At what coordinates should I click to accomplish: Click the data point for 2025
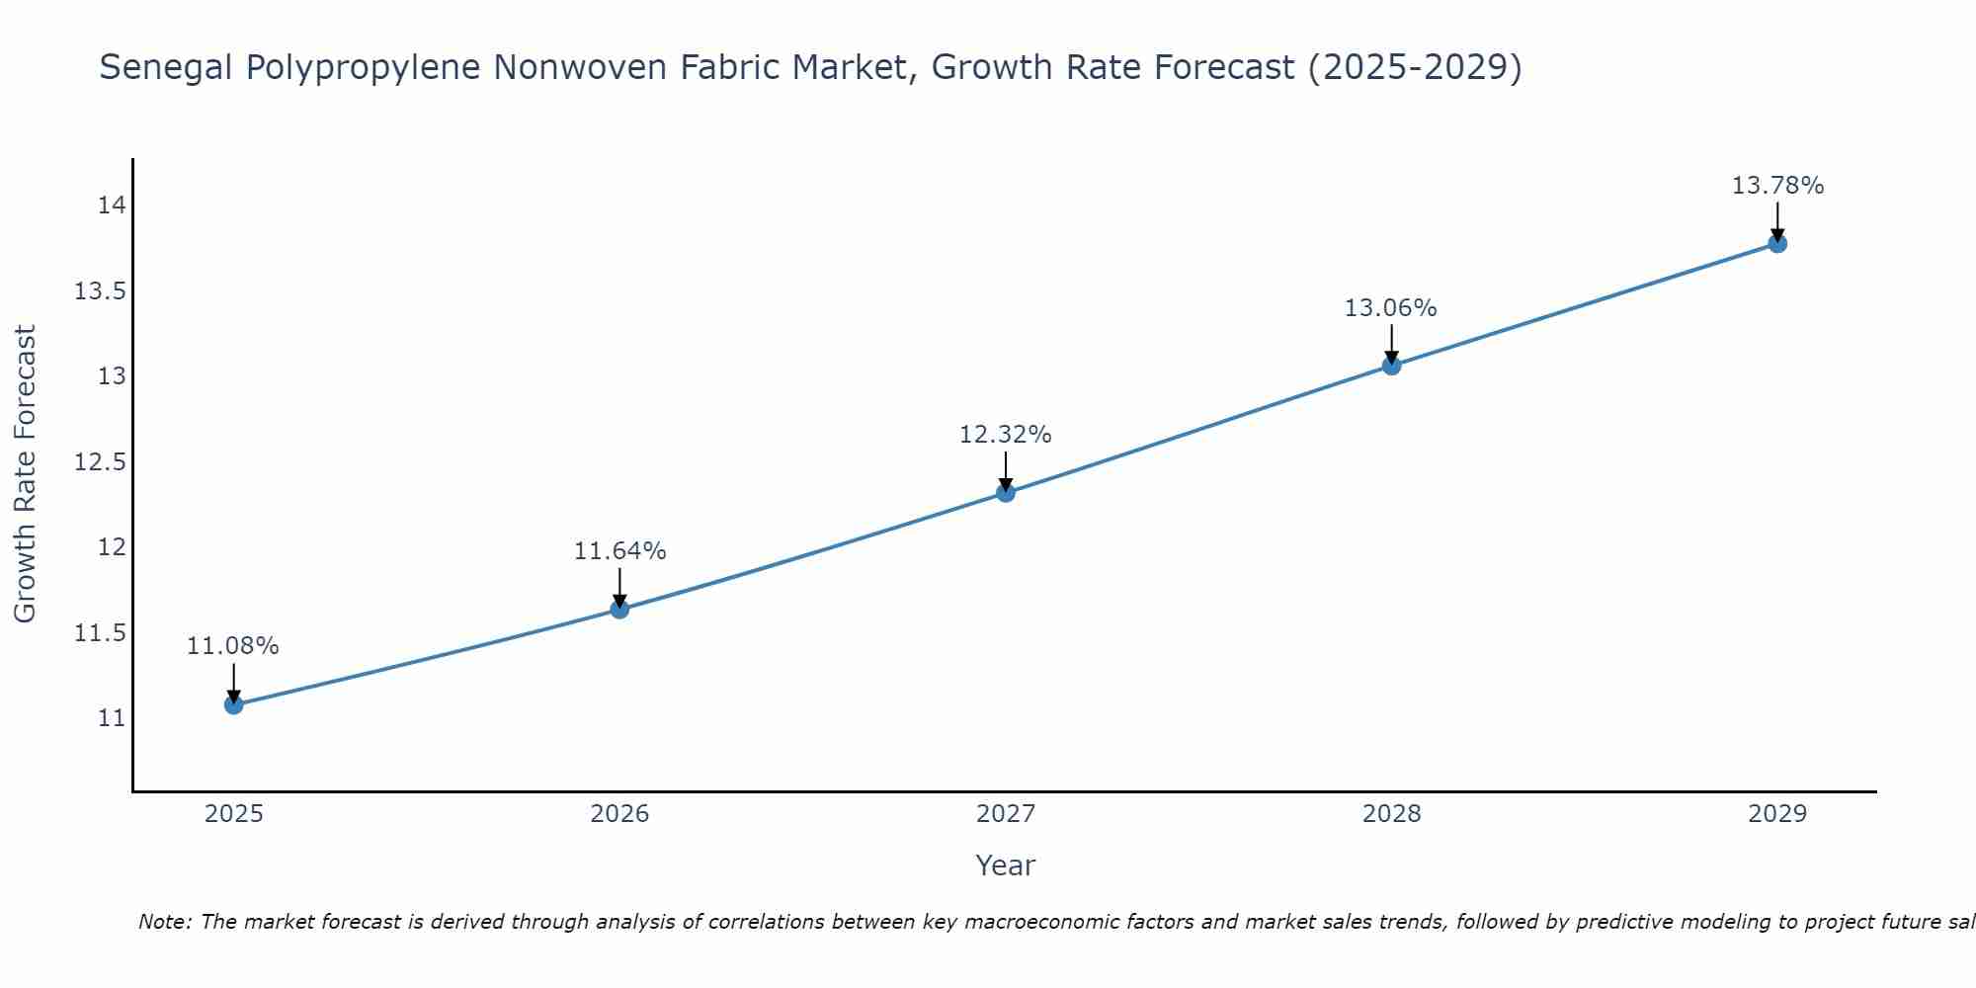(234, 704)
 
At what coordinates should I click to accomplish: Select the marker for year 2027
(1006, 492)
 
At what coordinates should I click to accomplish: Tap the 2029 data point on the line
(1776, 243)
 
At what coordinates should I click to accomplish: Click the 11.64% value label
(619, 551)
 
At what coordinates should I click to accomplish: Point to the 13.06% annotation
(1390, 308)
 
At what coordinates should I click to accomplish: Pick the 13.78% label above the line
(1776, 186)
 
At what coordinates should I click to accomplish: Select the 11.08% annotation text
(233, 646)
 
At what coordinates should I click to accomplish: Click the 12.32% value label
(1005, 435)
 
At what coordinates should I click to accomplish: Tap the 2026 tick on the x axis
(619, 814)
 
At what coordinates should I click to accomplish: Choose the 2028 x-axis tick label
(1391, 814)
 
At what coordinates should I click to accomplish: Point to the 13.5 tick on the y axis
(99, 291)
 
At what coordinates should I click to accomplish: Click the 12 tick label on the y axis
(112, 547)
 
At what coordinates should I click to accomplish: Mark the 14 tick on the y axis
(112, 206)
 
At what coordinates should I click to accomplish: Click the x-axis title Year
(1005, 865)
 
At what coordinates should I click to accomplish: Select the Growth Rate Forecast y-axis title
(25, 474)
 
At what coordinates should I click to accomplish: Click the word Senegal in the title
(166, 68)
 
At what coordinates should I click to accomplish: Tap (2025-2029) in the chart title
(1414, 68)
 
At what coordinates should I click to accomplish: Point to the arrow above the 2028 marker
(1391, 344)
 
